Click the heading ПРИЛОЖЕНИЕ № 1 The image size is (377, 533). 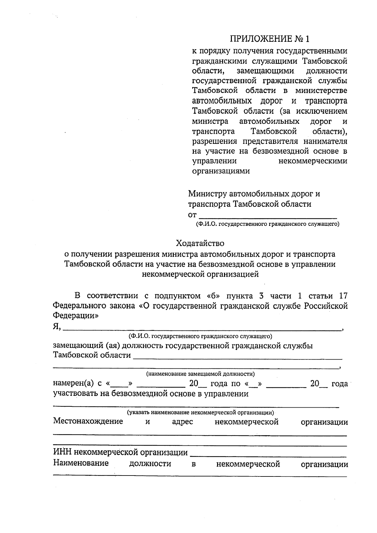coord(270,39)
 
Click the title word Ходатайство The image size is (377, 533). coord(200,243)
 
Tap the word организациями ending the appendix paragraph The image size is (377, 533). coord(221,171)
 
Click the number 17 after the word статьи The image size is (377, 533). coord(343,296)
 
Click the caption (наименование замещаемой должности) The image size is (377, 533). coord(200,374)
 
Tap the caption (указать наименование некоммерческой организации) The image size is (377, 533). coord(200,412)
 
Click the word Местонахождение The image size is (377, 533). coord(88,422)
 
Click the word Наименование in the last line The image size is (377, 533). coord(81,463)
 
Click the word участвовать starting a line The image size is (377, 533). coord(76,394)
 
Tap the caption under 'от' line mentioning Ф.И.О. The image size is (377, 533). coord(267,224)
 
